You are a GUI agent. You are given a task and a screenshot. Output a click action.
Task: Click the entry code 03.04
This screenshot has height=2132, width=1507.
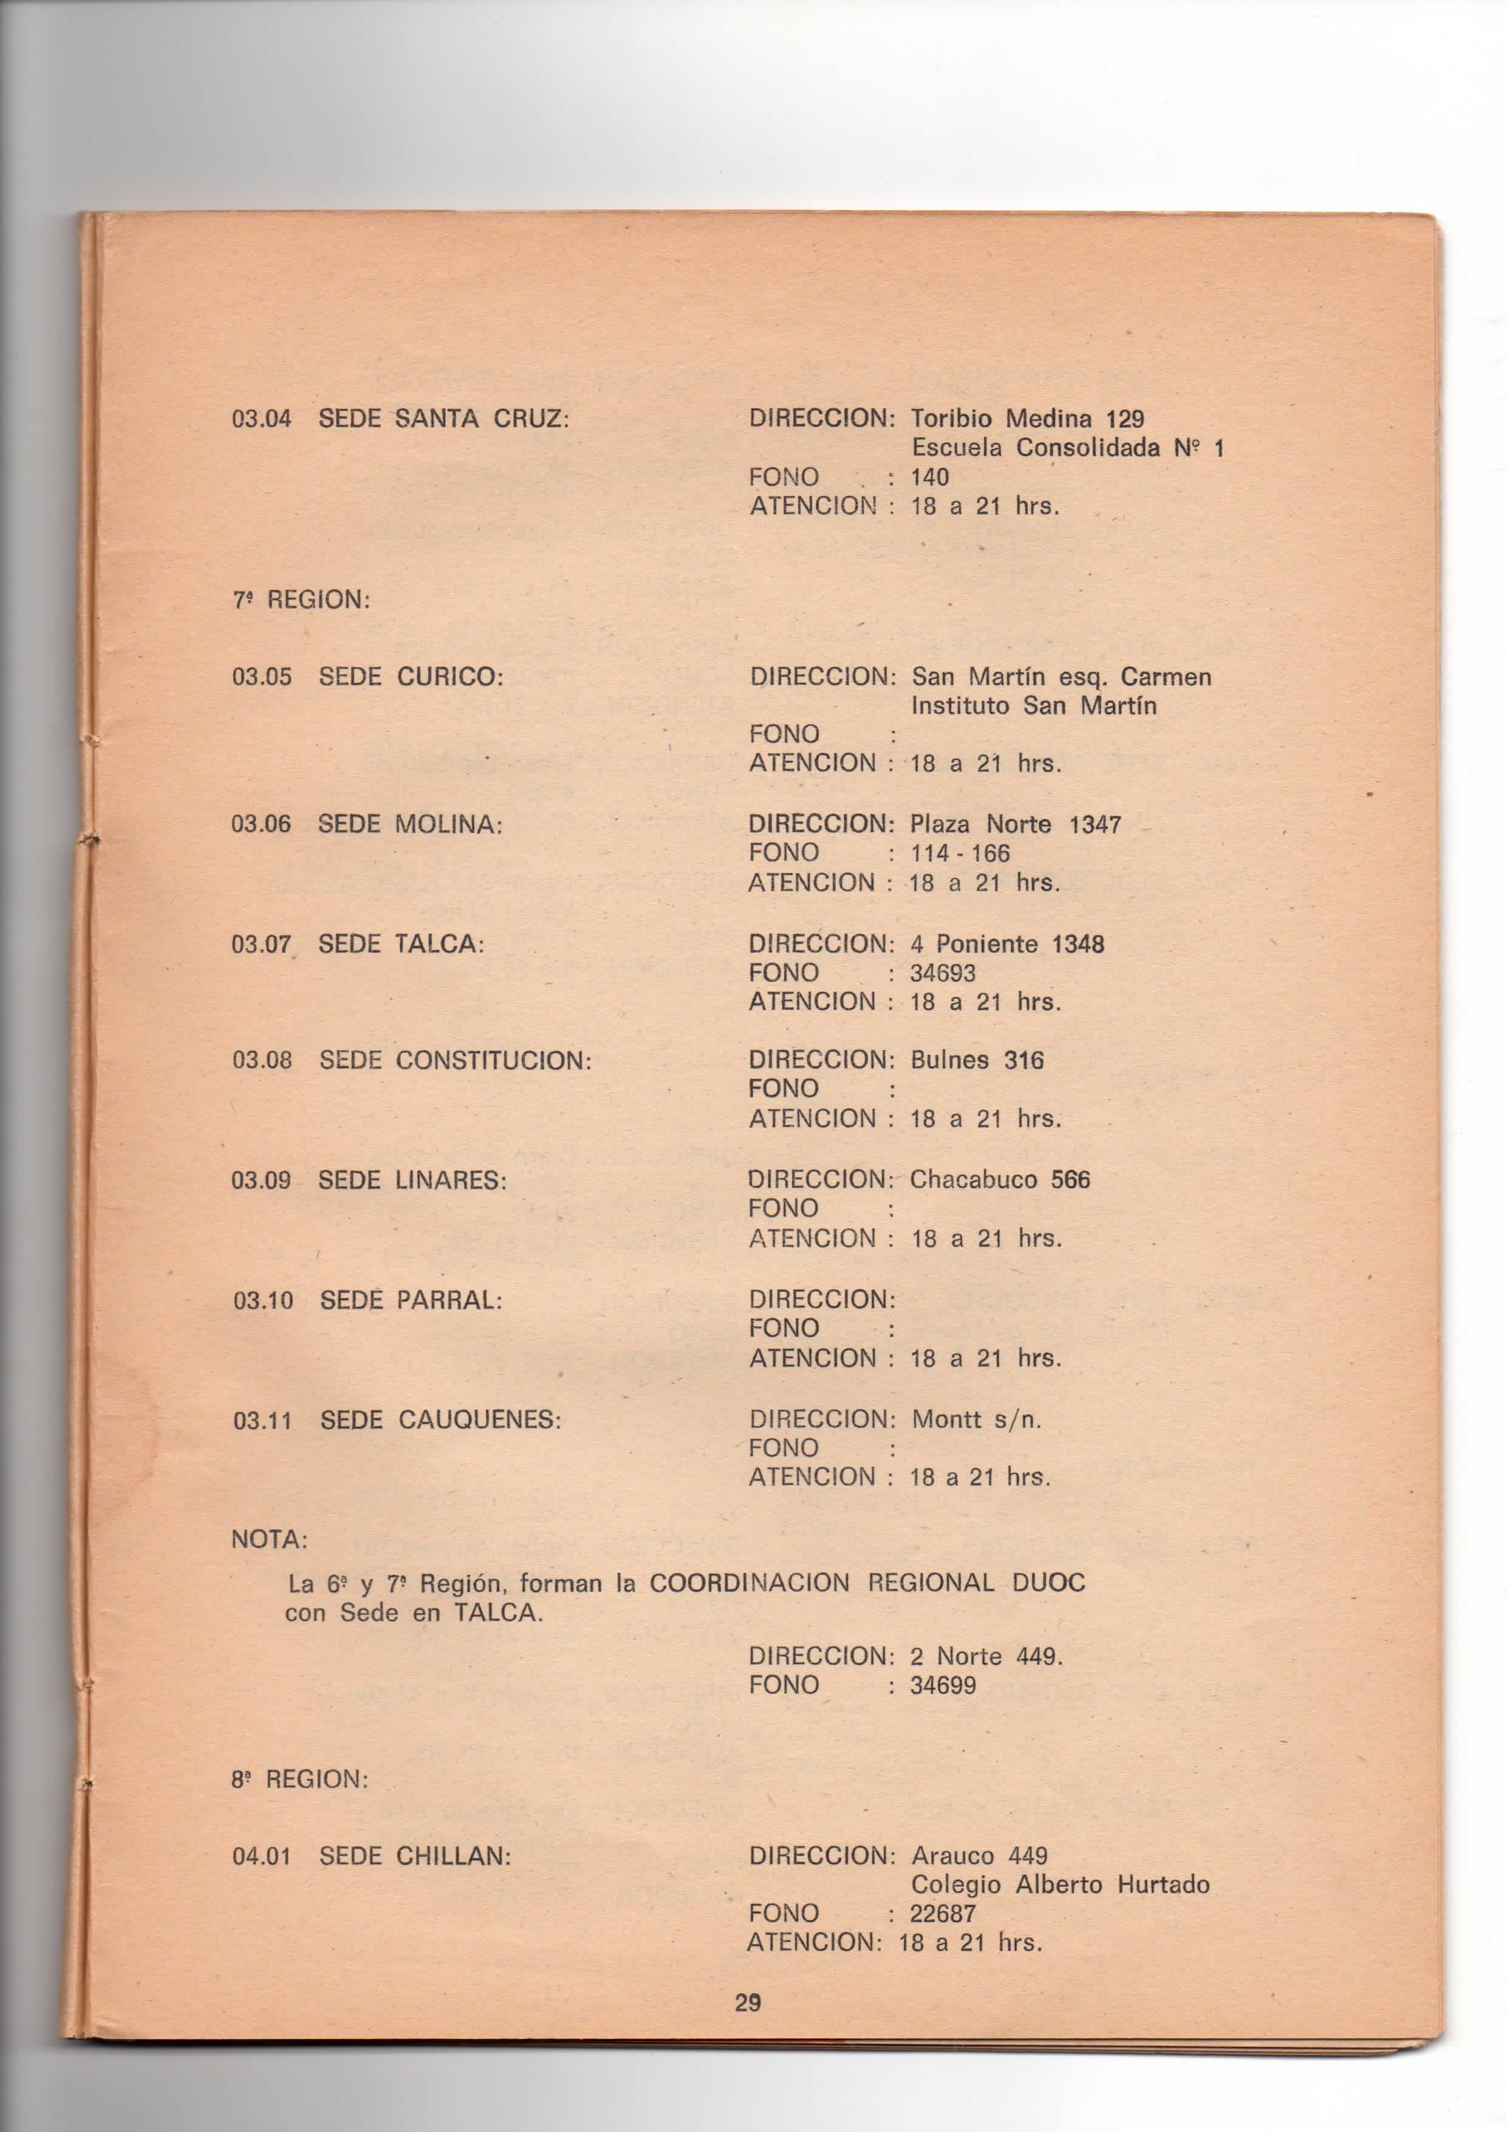coord(261,419)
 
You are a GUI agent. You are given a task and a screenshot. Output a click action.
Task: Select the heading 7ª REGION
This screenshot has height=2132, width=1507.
coord(301,600)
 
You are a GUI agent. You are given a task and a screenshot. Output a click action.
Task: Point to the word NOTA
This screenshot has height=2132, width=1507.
coord(269,1540)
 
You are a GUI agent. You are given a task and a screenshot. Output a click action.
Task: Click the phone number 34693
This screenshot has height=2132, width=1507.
coord(943,973)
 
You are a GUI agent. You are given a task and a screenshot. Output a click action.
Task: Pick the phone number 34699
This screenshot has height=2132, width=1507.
coord(943,1685)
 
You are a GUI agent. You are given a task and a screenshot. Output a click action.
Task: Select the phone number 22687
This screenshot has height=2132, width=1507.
coord(943,1907)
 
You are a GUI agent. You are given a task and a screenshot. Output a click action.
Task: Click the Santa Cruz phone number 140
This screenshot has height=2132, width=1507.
coord(929,478)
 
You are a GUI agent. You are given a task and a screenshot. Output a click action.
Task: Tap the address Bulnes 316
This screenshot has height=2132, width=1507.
coord(977,1060)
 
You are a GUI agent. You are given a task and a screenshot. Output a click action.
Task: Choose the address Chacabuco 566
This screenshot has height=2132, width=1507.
coord(1000,1180)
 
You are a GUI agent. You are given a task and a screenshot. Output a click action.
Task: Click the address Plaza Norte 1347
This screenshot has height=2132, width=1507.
coord(1015,824)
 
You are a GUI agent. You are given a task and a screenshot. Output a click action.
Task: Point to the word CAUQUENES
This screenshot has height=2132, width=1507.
coord(479,1420)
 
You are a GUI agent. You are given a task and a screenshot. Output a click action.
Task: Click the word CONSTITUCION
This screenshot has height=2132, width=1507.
coord(493,1060)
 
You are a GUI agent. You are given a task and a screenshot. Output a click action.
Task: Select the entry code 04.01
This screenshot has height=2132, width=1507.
coord(262,1856)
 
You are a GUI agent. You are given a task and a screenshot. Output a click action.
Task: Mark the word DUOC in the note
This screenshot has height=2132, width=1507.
coord(1048,1583)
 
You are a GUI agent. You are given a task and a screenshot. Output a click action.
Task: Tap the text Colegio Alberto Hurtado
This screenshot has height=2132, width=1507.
coord(1059,1885)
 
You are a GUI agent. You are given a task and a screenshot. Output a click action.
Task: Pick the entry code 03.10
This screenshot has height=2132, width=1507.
coord(263,1300)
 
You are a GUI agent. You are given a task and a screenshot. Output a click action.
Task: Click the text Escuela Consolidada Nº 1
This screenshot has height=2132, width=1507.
coord(1067,448)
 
